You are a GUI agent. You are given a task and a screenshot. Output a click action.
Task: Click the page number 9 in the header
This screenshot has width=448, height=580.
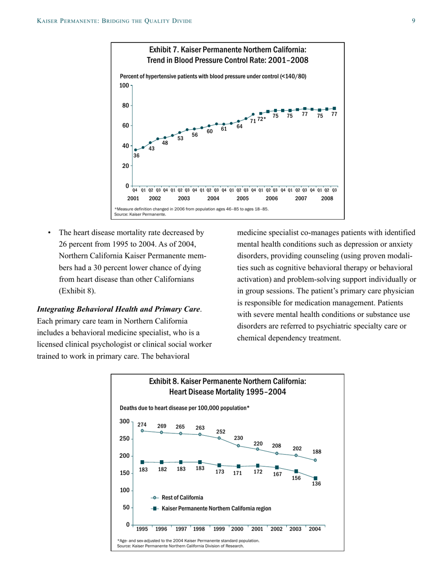(413, 21)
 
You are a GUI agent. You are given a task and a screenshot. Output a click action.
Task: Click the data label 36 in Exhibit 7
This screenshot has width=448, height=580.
(136, 155)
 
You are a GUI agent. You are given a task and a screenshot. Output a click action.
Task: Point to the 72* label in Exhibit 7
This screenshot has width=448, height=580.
(262, 120)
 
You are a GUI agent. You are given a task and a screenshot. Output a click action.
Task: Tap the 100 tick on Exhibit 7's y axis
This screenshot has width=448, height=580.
(124, 85)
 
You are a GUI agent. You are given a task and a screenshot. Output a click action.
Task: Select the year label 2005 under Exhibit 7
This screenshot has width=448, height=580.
(242, 199)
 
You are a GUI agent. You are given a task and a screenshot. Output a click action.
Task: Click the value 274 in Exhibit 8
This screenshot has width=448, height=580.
(142, 424)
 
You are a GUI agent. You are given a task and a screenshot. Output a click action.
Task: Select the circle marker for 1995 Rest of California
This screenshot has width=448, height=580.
(142, 431)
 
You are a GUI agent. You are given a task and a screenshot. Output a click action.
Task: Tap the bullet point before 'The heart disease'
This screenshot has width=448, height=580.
(48, 232)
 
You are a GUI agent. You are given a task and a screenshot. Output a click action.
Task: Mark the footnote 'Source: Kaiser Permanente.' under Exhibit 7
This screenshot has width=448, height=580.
(140, 214)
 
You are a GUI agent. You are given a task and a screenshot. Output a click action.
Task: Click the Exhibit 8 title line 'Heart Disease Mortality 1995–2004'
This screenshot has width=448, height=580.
(227, 392)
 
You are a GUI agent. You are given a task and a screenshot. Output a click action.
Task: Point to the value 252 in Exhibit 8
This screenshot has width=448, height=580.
(221, 431)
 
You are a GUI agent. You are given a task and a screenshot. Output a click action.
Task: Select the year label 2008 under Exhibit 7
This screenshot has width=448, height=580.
(327, 199)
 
